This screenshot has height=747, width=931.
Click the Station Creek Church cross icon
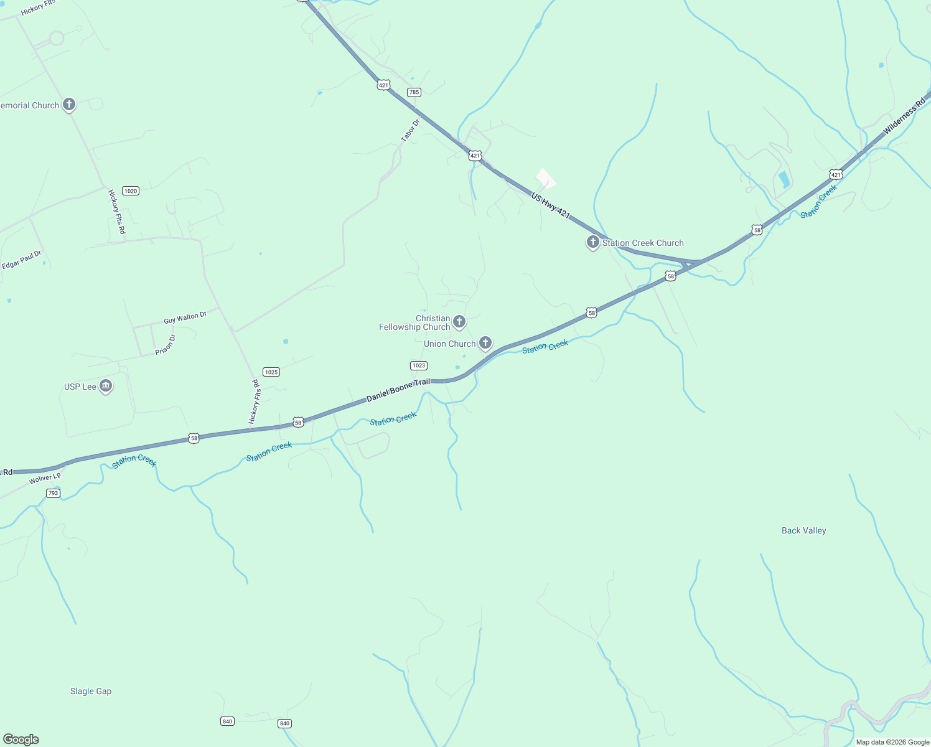593,242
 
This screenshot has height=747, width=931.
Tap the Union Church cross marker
485,342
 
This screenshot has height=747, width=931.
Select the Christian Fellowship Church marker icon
459,321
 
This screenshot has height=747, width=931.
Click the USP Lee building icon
106,387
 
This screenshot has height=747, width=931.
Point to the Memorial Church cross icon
69,105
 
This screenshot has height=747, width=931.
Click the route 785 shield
414,92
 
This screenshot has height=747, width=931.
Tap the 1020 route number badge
131,190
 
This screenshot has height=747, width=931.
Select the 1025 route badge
271,372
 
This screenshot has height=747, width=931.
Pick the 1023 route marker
419,365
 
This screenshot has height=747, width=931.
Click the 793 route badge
53,493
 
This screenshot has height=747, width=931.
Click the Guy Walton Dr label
185,318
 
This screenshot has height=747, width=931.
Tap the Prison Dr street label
166,345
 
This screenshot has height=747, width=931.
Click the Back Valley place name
803,530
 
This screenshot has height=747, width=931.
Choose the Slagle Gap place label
91,691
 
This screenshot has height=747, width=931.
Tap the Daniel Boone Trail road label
398,389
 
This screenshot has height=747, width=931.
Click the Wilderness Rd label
904,116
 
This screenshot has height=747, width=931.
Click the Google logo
21,739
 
